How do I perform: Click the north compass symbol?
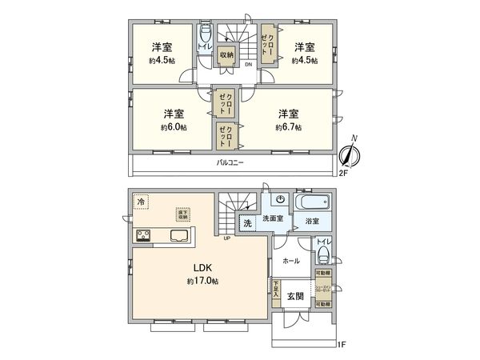(349, 154)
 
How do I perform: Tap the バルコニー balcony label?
(230, 163)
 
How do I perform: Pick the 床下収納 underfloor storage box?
(183, 214)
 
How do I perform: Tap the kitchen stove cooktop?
(144, 235)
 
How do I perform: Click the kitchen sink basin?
(178, 235)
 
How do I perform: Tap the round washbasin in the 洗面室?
(281, 200)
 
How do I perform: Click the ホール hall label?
(291, 260)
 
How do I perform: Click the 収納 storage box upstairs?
(226, 55)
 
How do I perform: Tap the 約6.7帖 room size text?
(288, 127)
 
